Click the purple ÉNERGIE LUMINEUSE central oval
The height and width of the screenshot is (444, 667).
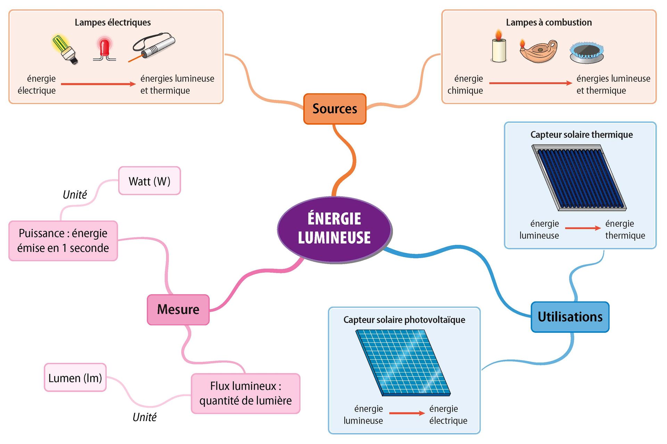click(335, 229)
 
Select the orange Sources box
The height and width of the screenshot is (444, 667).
click(335, 109)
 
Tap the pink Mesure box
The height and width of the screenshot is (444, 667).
click(178, 309)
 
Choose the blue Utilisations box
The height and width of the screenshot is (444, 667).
click(570, 317)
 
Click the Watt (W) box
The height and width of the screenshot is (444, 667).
click(149, 181)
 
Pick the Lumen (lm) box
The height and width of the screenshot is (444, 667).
click(75, 378)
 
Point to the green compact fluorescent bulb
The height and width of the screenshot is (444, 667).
click(65, 49)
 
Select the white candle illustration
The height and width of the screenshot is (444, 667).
click(499, 49)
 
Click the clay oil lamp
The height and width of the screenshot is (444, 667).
click(539, 51)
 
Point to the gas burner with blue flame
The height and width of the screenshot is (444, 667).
click(586, 53)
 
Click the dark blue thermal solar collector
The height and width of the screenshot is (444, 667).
click(579, 178)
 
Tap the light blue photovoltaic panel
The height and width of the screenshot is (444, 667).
click(403, 362)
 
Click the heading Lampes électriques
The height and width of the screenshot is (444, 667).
click(113, 23)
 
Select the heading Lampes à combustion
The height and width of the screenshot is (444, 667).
click(549, 23)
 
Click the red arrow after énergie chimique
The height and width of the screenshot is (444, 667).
click(530, 83)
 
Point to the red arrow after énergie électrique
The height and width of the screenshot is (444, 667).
click(98, 84)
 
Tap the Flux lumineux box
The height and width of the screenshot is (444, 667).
click(245, 393)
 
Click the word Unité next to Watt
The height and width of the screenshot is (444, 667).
click(75, 195)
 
